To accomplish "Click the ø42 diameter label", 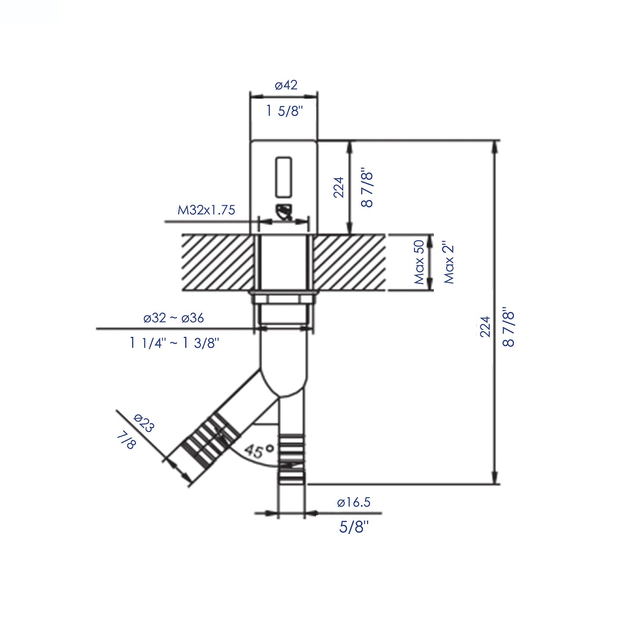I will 286,85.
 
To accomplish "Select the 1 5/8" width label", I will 284,111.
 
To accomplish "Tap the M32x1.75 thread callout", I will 207,210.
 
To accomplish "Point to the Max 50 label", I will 419,262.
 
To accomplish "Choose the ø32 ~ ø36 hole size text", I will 174,318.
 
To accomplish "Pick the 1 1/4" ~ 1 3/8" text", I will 174,343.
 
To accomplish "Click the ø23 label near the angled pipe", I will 144,423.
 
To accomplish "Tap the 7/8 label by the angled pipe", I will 126,441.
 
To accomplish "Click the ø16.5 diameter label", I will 354,502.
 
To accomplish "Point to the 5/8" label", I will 354,527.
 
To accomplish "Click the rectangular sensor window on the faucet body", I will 283,176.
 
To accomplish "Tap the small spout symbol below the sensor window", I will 285,212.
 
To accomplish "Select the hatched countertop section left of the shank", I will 217,263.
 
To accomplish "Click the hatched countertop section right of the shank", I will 349,263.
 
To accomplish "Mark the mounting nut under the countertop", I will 283,298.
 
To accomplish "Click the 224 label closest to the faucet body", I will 339,187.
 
